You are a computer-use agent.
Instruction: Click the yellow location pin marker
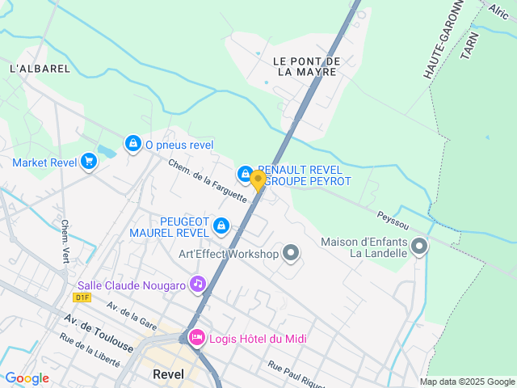tap(258, 180)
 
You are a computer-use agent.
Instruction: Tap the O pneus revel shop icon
tap(133, 143)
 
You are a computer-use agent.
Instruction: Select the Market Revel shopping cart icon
tap(89, 162)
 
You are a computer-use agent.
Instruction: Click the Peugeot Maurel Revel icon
tap(220, 226)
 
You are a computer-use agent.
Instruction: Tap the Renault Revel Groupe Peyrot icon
tap(244, 174)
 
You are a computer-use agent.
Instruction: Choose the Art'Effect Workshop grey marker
tap(291, 254)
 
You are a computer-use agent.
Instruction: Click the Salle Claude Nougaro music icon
tap(197, 284)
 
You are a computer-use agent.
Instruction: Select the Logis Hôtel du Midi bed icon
tap(195, 337)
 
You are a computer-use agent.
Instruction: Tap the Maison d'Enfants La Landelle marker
tap(418, 246)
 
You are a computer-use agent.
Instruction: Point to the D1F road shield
tap(82, 297)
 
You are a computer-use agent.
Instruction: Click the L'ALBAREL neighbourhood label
tap(40, 69)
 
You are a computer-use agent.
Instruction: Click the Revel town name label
tap(168, 374)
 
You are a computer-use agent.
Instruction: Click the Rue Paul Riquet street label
tap(296, 373)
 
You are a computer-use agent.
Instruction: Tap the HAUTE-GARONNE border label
tap(441, 39)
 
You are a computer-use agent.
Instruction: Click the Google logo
tap(27, 378)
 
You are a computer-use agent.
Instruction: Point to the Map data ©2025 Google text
tap(467, 382)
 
